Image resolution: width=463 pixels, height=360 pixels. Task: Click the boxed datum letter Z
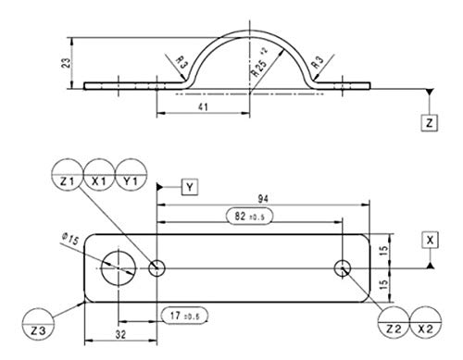coord(430,123)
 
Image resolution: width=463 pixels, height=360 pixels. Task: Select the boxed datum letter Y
coord(190,187)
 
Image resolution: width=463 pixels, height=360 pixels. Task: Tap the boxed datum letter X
coord(430,240)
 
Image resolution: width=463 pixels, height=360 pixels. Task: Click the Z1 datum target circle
coord(68,175)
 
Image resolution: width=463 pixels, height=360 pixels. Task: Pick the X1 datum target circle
coord(99,175)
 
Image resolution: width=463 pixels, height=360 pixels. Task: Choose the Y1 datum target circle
coord(131,175)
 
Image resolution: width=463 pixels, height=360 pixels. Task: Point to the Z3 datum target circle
coord(38,324)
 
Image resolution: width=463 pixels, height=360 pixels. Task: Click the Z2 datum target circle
coord(394,323)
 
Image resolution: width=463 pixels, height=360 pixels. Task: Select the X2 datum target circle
coord(426,323)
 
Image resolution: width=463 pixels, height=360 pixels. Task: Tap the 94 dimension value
coord(263,199)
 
